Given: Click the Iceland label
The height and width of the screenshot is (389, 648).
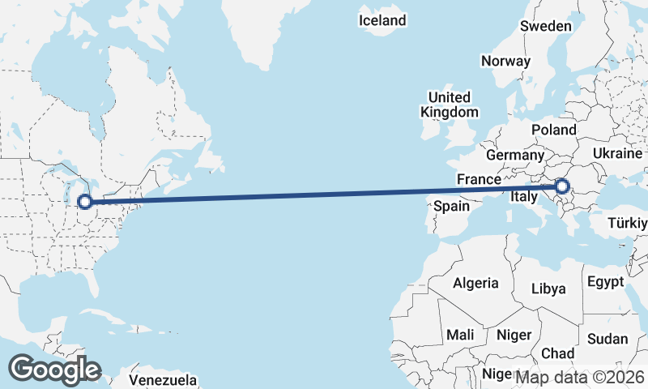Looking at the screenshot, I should pos(382,19).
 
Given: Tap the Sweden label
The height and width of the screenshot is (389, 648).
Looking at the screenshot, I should pos(545,26).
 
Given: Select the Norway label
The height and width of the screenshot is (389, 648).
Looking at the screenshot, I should pos(505,61).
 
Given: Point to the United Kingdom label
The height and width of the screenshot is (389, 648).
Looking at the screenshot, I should pos(449,105).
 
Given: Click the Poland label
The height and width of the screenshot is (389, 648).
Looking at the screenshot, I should pos(553,130).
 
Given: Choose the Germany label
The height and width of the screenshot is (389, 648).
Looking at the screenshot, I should pos(515,155).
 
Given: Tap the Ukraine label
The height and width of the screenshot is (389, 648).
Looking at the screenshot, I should pos(617,153).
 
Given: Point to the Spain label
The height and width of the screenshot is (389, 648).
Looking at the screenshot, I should pos(451,206).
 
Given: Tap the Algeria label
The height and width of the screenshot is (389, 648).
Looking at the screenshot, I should pos(475,284).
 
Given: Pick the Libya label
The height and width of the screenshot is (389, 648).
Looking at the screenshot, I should pos(549,289).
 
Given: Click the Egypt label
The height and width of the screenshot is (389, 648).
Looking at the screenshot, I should pos(606,282).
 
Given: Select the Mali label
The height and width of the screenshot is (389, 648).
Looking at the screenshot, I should pos(460,335).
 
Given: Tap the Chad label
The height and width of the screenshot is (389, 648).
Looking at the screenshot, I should pos(557,353).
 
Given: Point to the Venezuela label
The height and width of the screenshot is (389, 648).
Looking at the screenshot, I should pos(164,378).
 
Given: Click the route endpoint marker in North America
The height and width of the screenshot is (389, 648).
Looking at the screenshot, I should pos(83,201).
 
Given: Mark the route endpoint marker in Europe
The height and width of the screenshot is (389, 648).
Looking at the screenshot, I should pos(562,188).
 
